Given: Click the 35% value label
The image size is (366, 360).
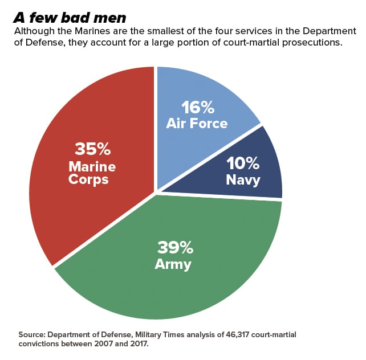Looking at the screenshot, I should click(92, 149).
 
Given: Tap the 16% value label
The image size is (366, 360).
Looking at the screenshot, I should click(197, 107).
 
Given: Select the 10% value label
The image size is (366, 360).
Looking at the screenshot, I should click(243, 163).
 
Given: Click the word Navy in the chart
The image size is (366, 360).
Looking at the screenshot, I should click(243, 180).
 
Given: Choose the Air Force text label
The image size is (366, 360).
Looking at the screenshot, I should click(197, 123).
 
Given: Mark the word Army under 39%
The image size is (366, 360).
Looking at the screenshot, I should click(173, 264).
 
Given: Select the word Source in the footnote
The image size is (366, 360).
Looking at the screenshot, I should click(31, 334).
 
